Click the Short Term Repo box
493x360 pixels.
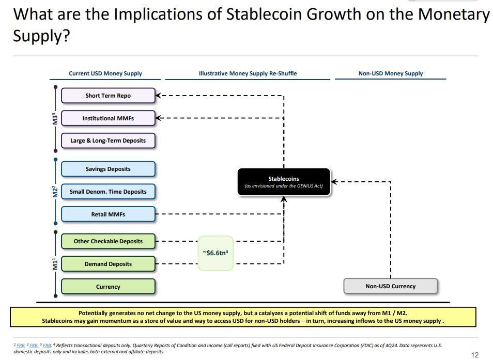pos(108,96)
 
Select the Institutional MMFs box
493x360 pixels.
pos(108,118)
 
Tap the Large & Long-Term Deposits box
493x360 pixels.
pos(108,140)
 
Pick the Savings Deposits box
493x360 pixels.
pos(108,169)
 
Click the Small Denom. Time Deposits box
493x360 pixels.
pos(108,192)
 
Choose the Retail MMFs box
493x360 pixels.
pos(108,214)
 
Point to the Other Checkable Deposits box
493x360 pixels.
pos(108,241)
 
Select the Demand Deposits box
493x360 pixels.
pos(108,264)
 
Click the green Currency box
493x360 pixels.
pos(108,287)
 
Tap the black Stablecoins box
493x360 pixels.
pos(284,182)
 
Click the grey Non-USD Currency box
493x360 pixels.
pos(391,286)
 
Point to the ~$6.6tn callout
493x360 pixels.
pos(215,253)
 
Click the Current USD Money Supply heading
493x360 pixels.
pos(105,73)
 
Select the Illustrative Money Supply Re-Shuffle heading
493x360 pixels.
pos(248,73)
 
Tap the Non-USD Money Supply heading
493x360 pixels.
pos(391,73)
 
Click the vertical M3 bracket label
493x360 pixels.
pos(55,118)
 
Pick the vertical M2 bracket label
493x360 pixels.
pos(55,192)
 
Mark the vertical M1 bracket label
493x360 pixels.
pos(55,264)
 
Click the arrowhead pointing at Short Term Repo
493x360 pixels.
pos(158,95)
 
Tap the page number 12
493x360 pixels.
pos(475,355)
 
